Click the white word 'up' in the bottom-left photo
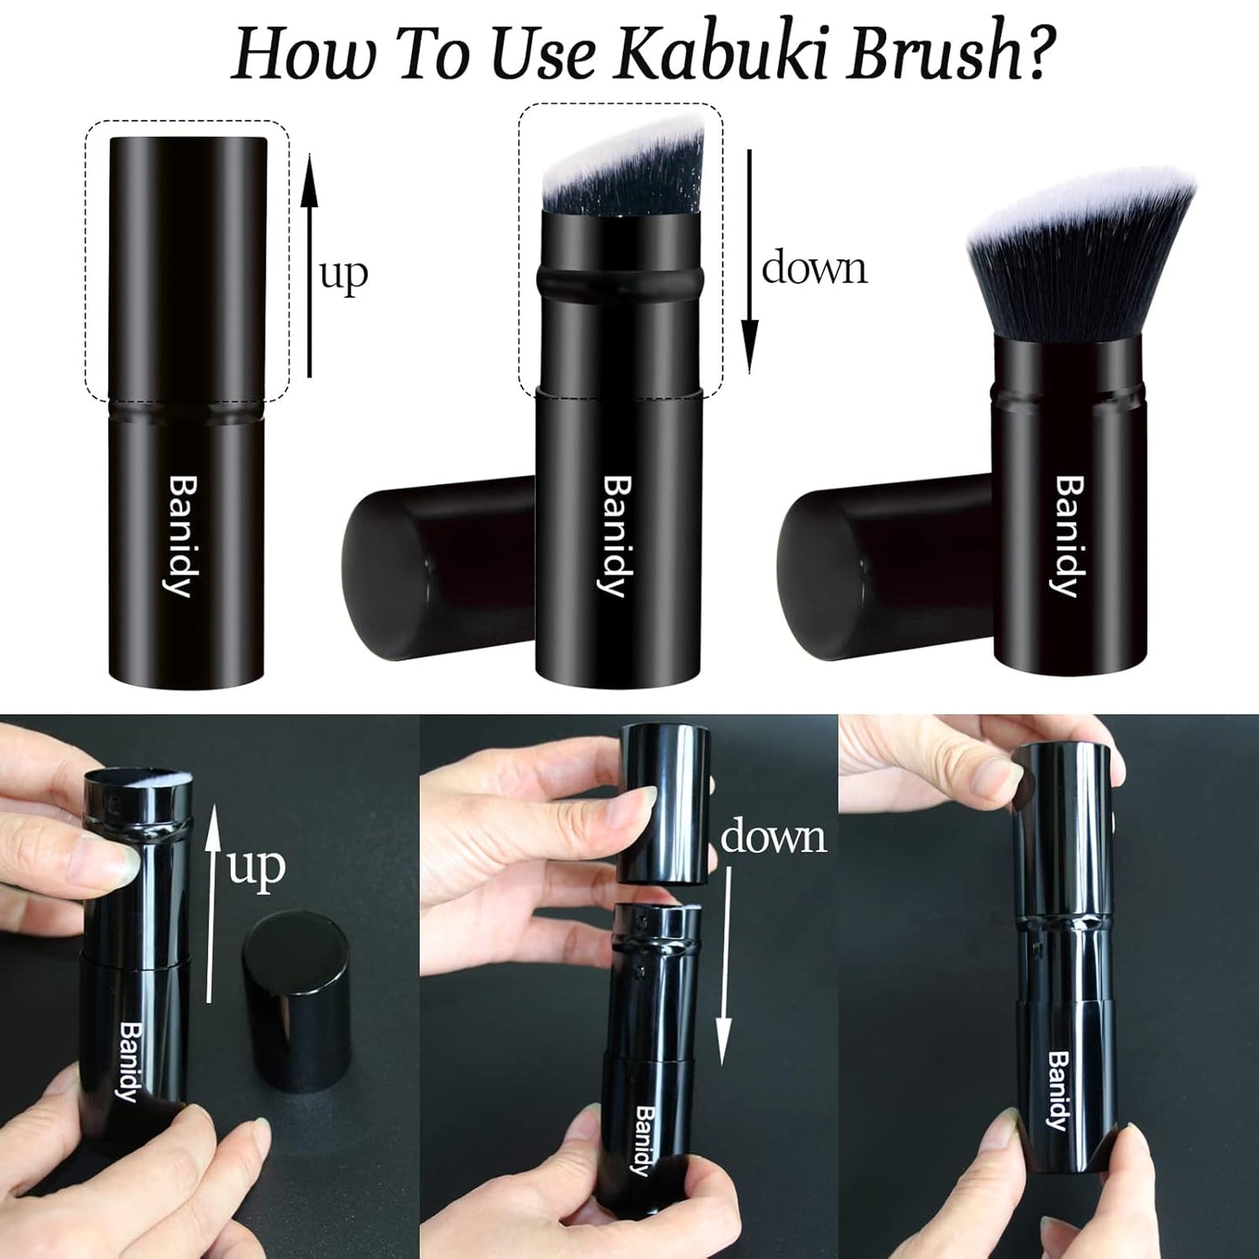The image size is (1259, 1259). tap(257, 868)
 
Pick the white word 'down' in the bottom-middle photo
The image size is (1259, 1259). tap(774, 836)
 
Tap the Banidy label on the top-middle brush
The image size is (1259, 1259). tap(615, 536)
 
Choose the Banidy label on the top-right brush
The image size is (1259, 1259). tap(1068, 536)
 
